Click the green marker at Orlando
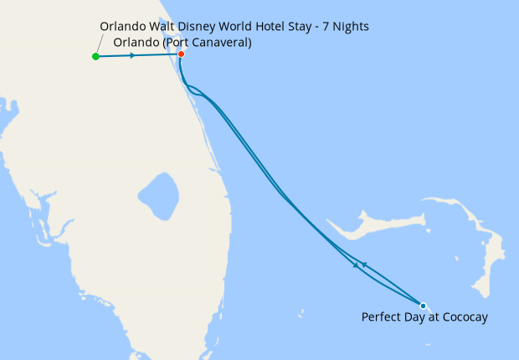coord(95,57)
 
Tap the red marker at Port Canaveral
coord(181,54)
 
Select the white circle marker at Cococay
coord(423,306)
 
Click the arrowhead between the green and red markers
coord(132,56)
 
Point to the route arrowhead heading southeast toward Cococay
coord(357,265)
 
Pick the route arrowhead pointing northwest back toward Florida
coord(363,264)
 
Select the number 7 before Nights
coord(325,28)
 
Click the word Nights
coord(351,28)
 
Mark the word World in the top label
coord(235,28)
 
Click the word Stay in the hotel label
coord(303,28)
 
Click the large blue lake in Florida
coord(158,197)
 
